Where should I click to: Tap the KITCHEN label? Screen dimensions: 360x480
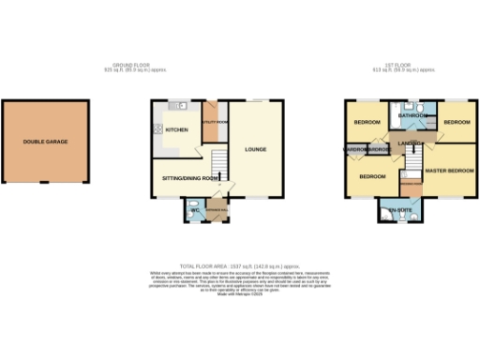176,130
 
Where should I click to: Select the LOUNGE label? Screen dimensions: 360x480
256,148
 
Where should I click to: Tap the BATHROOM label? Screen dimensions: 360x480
412,114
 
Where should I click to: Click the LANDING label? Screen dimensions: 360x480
409,142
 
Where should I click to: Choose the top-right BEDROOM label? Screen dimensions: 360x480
457,123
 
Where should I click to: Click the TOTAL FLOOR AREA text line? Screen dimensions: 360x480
239,267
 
